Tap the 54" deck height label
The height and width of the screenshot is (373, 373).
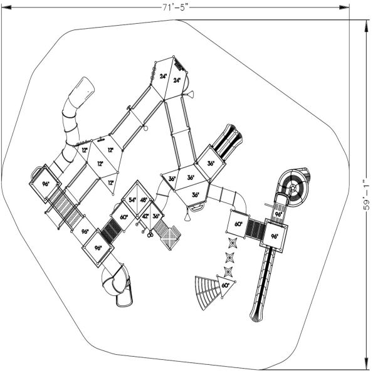pos(132,200)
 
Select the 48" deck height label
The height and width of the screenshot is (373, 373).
pos(144,200)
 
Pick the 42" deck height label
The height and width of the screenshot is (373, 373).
pos(144,216)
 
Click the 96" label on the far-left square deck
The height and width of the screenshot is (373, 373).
pos(46,184)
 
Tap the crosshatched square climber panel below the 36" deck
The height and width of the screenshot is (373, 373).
pos(171,237)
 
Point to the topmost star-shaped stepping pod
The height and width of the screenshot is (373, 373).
pos(233,242)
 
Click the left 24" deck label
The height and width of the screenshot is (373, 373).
pos(162,76)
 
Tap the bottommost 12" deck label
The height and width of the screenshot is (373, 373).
pos(110,182)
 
